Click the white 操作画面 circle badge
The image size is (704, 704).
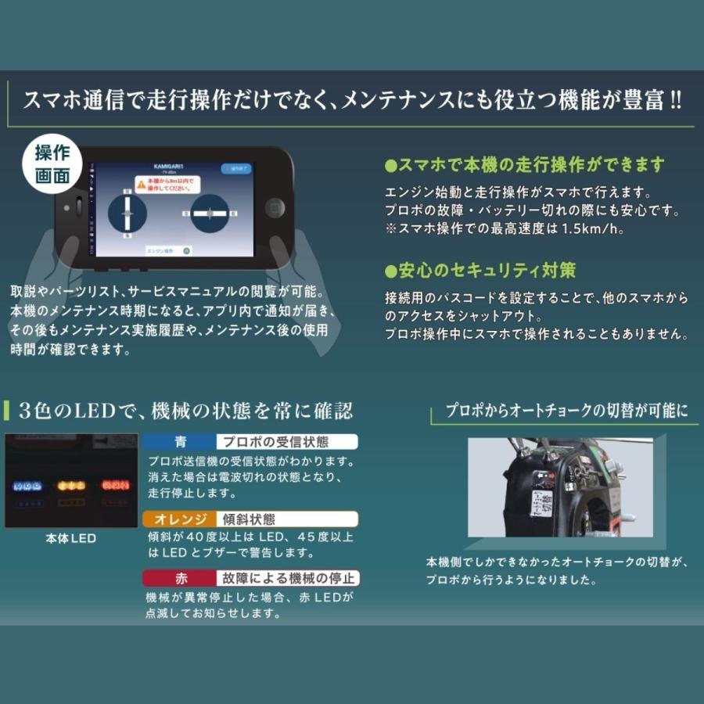pos(52,165)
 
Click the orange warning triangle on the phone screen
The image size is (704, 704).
pos(141,185)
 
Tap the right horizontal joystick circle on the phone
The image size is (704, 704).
pos(209,214)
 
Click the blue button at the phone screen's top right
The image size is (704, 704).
pos(235,167)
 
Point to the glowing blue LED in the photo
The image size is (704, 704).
pos(28,486)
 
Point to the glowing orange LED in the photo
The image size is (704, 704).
pos(71,486)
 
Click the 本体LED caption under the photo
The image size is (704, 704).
pos(71,539)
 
